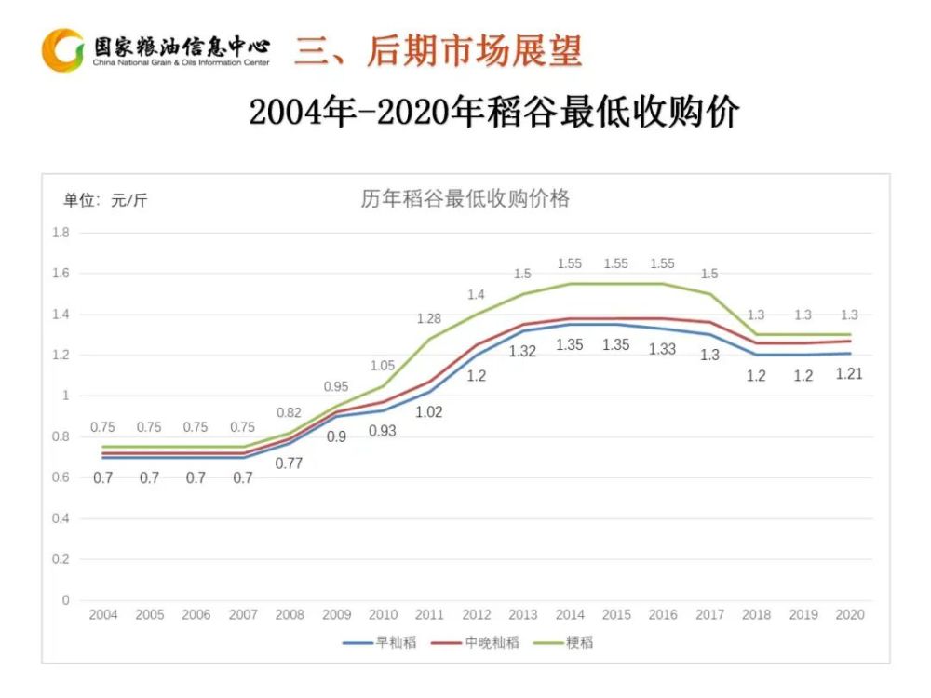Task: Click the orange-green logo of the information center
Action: (63, 50)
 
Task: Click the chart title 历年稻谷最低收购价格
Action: (465, 199)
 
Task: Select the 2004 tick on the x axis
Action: (102, 615)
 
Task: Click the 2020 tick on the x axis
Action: (850, 615)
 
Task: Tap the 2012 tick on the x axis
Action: (476, 615)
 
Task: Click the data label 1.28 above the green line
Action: (429, 319)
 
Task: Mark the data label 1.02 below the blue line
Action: (429, 412)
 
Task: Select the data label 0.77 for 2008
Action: (290, 463)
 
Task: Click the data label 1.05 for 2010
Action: (383, 366)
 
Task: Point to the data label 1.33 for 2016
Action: (663, 348)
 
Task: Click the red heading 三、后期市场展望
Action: (439, 51)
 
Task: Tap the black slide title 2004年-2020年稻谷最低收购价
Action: (493, 113)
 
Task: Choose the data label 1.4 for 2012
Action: (476, 294)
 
